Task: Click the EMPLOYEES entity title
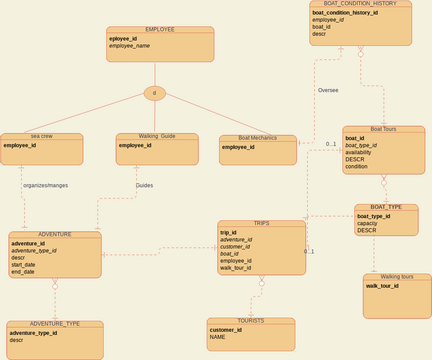(x=160, y=30)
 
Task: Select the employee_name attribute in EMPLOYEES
(x=129, y=46)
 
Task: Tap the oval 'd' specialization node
(x=154, y=93)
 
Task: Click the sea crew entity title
(x=41, y=136)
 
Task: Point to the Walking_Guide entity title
(x=157, y=136)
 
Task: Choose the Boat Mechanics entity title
(x=257, y=138)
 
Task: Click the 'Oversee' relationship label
(x=328, y=90)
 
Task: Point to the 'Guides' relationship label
(x=144, y=185)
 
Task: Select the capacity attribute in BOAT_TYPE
(x=367, y=223)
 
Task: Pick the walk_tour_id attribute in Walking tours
(x=383, y=286)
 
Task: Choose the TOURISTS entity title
(x=251, y=321)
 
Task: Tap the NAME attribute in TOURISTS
(x=218, y=337)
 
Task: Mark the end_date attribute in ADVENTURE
(x=22, y=271)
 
